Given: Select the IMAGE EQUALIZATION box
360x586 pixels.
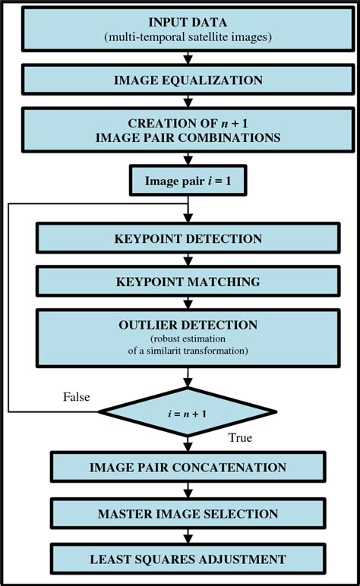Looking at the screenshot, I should click(x=187, y=80).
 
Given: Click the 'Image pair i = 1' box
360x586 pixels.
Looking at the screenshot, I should click(x=187, y=181).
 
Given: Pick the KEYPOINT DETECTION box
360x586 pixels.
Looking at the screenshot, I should click(x=187, y=238).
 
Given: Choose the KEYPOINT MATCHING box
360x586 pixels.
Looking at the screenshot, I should click(x=187, y=282).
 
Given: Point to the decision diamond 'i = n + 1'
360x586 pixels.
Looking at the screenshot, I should click(x=187, y=412).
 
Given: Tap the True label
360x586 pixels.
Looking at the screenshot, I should click(x=240, y=438).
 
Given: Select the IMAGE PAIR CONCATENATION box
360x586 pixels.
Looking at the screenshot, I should click(x=187, y=467).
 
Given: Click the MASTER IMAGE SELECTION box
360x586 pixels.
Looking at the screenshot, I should click(x=187, y=514).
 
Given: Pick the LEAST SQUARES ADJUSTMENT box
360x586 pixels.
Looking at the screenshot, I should click(x=187, y=559).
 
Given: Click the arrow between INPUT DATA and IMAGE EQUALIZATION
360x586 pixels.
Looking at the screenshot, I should click(x=188, y=58).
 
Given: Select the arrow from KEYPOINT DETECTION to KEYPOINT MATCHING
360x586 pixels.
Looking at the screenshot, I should click(x=188, y=260).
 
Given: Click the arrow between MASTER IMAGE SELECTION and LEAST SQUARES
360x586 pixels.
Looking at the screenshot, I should click(x=188, y=536).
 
